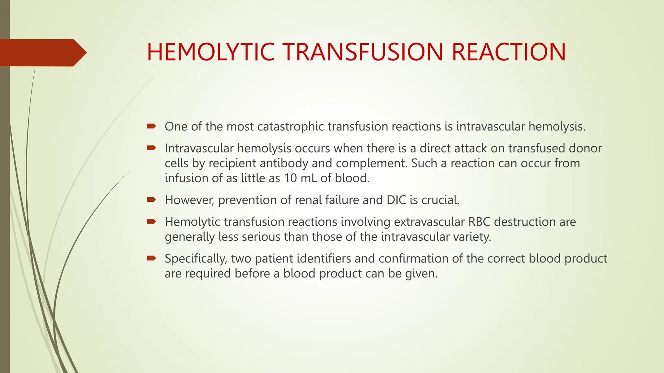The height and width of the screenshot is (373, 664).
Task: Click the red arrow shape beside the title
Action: (x=42, y=52)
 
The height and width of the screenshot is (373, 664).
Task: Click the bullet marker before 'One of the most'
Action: (x=151, y=126)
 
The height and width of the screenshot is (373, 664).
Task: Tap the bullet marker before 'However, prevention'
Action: (x=151, y=199)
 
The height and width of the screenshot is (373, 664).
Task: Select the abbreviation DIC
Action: (x=396, y=200)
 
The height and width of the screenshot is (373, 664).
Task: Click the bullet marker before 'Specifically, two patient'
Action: (x=151, y=258)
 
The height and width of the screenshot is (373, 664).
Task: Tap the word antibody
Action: (x=284, y=163)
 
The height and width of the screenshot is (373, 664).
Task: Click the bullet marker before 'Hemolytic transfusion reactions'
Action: (x=151, y=221)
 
